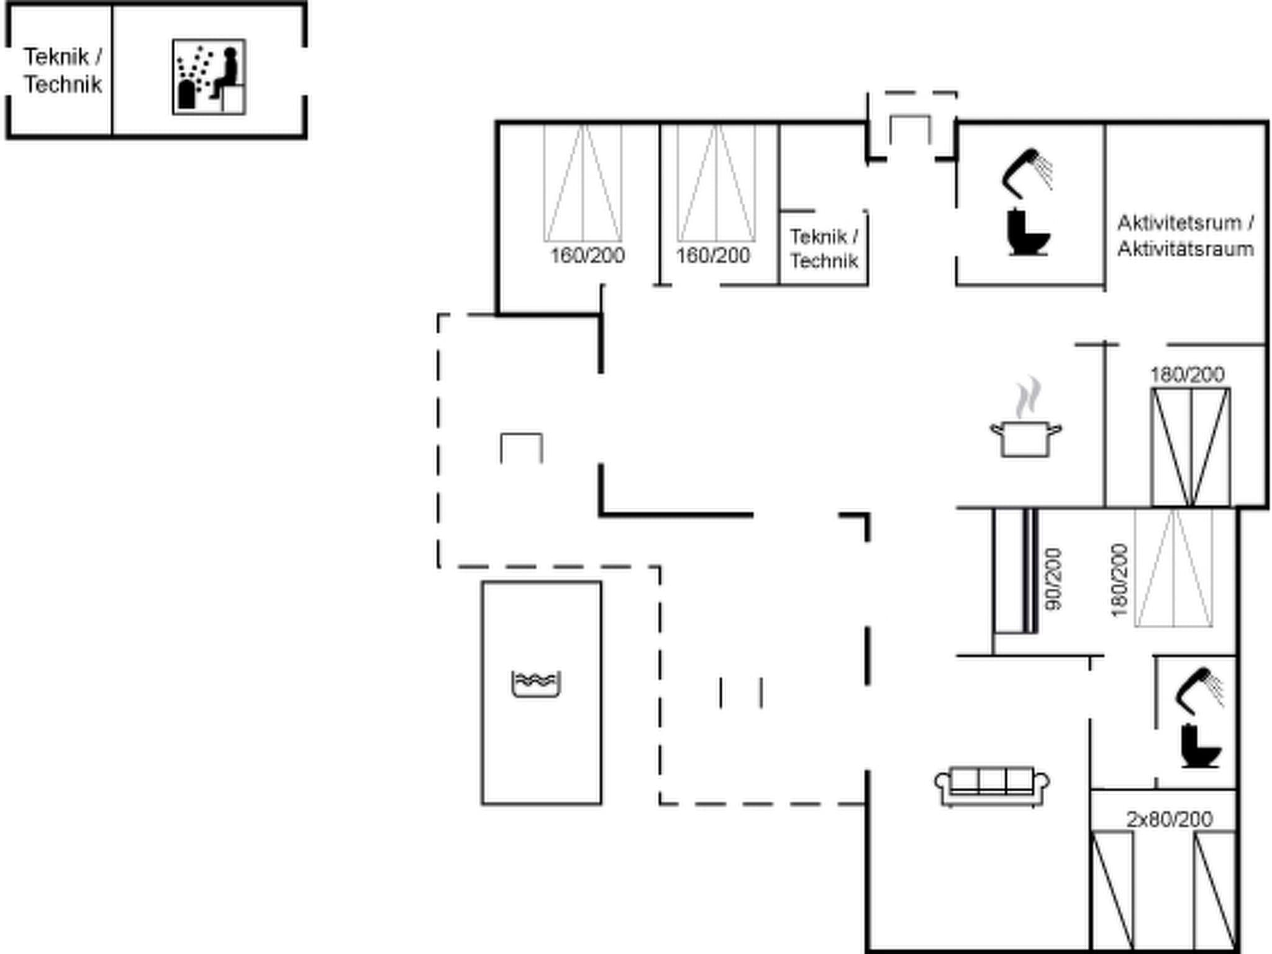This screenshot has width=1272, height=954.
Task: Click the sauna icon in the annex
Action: pyautogui.click(x=209, y=77)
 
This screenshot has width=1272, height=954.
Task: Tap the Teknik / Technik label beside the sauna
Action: pyautogui.click(x=63, y=71)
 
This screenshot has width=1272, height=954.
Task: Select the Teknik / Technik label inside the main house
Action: pyautogui.click(x=824, y=248)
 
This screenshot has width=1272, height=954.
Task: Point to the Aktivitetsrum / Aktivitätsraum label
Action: pyautogui.click(x=1185, y=236)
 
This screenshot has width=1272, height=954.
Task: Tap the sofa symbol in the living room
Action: pyautogui.click(x=992, y=786)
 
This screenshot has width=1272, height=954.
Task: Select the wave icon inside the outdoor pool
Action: pyautogui.click(x=536, y=683)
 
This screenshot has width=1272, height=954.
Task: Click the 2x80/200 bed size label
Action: pyautogui.click(x=1169, y=820)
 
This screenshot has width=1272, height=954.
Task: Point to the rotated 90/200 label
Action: pyautogui.click(x=1053, y=579)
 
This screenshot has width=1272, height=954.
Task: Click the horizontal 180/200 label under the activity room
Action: pyautogui.click(x=1187, y=375)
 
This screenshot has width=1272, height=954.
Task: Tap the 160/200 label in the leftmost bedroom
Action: pyautogui.click(x=587, y=255)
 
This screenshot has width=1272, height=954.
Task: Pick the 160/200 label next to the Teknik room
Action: pyautogui.click(x=712, y=255)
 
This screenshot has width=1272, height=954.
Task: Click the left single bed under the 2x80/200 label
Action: pyautogui.click(x=1112, y=891)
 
